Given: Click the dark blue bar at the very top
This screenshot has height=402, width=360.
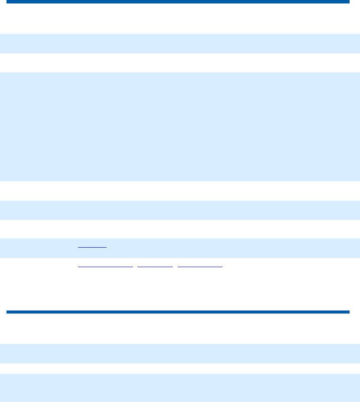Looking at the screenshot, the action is point(178,2).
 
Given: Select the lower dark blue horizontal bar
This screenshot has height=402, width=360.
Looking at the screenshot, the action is point(178,312).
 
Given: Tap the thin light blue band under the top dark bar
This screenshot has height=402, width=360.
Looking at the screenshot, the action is point(180,43).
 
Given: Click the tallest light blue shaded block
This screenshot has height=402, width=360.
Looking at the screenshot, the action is point(180,127).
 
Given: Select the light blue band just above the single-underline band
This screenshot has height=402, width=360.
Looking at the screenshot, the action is point(180,210).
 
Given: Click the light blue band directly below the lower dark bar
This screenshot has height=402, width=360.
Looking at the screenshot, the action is point(180,353).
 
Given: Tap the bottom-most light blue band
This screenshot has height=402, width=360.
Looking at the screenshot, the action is point(180,388).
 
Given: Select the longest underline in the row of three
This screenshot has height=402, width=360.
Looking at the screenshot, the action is point(105,266).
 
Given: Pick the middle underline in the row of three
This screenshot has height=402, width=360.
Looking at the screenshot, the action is point(155,266).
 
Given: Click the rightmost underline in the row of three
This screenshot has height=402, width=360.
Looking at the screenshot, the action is point(200,266).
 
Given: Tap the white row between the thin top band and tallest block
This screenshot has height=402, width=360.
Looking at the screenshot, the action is point(180,63).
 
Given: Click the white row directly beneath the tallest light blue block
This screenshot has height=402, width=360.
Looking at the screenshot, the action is point(180,191).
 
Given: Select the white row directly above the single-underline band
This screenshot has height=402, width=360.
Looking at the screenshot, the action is point(180,229).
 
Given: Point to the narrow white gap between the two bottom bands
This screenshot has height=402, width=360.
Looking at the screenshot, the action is point(180,369).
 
